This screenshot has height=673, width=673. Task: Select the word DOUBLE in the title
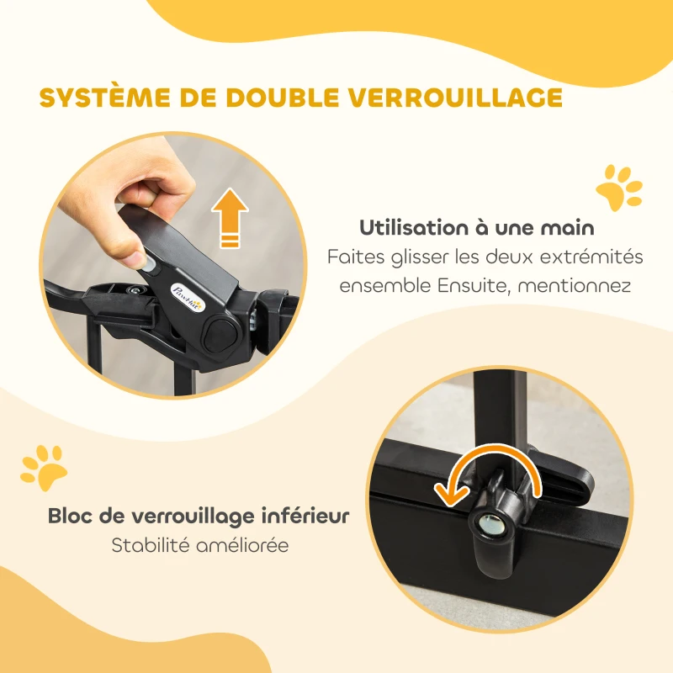tap(280, 97)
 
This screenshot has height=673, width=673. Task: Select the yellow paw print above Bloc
tap(44, 468)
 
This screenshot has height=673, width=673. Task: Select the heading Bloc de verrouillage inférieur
tap(199, 515)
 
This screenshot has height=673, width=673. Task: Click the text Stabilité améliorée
tap(200, 545)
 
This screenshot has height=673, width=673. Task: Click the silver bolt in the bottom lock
tap(490, 523)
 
